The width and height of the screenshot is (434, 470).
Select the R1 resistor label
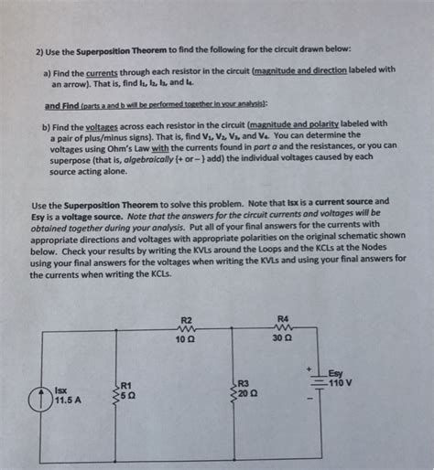pyautogui.click(x=126, y=385)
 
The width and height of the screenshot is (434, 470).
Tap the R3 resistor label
pyautogui.click(x=244, y=385)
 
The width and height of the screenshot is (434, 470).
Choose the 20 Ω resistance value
pyautogui.click(x=247, y=396)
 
